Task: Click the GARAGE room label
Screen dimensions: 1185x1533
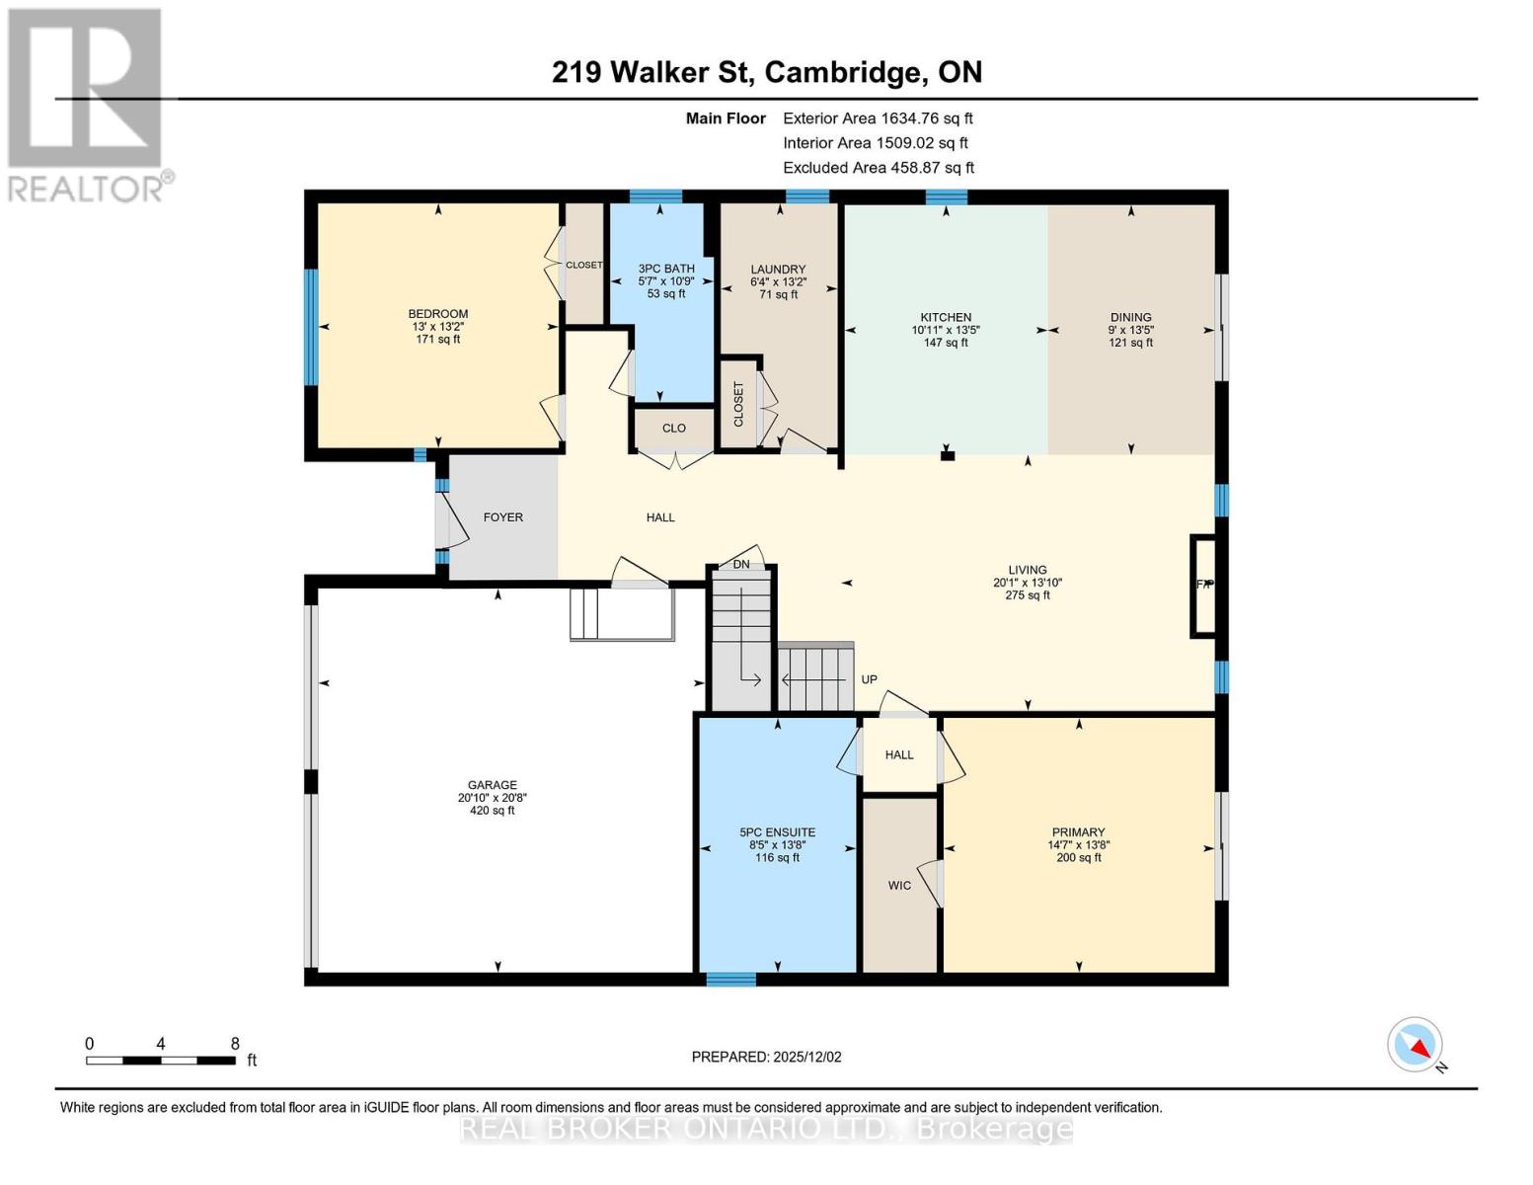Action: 492,786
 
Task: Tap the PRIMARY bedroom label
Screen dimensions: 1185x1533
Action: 1078,832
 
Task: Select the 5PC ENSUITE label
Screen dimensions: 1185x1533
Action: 777,832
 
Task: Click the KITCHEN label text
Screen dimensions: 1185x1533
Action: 946,318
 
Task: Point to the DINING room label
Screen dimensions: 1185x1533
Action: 1130,318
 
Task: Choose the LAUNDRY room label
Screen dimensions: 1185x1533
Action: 778,270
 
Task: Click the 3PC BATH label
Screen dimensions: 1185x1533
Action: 666,269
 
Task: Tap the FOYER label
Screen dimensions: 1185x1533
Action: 502,517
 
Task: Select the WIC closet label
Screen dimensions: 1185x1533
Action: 899,886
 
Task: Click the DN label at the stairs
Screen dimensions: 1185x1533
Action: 741,565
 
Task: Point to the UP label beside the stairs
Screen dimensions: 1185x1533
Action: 869,679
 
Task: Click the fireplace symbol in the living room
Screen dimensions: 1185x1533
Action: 1203,585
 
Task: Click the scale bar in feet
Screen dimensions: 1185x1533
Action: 160,1061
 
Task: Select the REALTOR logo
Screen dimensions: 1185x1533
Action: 86,104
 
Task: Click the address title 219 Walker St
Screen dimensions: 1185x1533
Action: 766,72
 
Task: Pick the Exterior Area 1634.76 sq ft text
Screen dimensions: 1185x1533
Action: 878,118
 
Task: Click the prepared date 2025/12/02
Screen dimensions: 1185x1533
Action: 766,1057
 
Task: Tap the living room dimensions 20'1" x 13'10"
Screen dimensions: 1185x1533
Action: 1027,583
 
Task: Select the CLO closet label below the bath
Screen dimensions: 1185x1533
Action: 673,429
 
